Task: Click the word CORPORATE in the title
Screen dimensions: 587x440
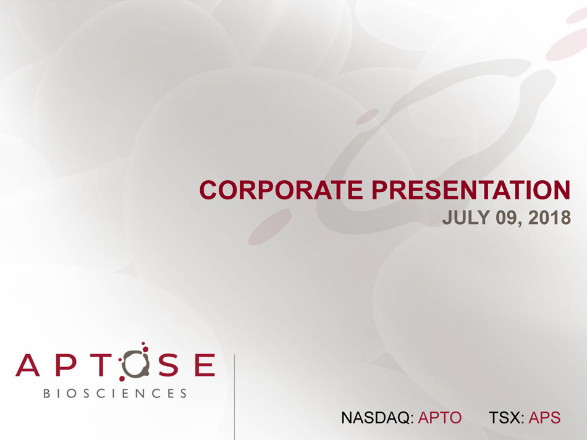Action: [x=281, y=190]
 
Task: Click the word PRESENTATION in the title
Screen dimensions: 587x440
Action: [x=471, y=190]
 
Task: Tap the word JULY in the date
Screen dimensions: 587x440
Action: [x=466, y=218]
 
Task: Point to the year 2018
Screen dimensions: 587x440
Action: [x=549, y=218]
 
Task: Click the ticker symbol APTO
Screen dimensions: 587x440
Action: [x=440, y=418]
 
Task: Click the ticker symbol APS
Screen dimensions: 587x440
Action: [x=545, y=418]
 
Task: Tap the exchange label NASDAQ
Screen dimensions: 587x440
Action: [x=376, y=418]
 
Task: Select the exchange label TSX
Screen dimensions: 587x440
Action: [x=504, y=418]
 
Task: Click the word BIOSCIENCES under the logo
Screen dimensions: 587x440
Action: [x=115, y=393]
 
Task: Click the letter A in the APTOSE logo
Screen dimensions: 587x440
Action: [x=28, y=365]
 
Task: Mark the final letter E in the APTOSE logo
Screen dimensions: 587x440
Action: [x=205, y=365]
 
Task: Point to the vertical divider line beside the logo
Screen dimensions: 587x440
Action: [x=234, y=397]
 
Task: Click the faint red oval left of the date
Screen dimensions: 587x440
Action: [x=270, y=227]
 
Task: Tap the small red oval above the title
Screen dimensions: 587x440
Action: [x=368, y=117]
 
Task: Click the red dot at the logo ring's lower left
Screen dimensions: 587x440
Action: [x=122, y=379]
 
